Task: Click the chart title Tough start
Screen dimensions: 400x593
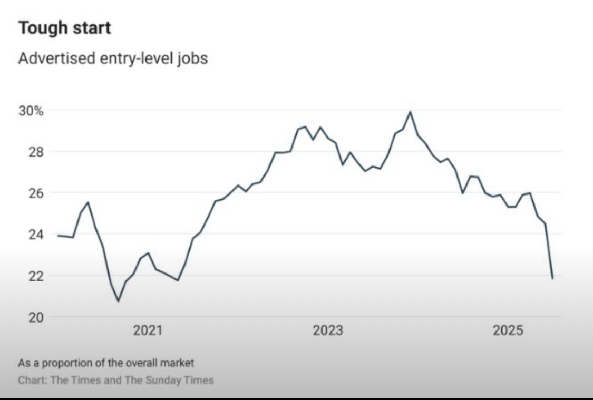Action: coord(65,28)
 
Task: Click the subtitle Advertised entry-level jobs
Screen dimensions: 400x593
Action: coord(113,58)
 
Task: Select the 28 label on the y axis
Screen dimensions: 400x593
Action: coord(26,152)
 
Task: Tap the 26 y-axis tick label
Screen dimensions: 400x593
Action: coord(26,193)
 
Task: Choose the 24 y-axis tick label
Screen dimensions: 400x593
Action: coord(26,234)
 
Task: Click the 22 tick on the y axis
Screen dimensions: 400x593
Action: coord(26,276)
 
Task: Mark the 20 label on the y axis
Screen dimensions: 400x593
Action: coord(26,317)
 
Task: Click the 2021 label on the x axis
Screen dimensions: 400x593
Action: coord(148,331)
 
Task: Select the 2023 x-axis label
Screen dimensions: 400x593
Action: coord(327,331)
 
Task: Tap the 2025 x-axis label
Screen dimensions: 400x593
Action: coord(508,331)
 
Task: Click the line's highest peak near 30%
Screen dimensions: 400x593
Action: coord(410,112)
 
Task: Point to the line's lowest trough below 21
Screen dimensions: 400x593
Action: coord(118,301)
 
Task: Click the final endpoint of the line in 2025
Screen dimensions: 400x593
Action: coord(552,278)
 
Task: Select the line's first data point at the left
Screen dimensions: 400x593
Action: coord(57,235)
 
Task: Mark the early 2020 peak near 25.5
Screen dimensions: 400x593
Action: coord(88,202)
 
